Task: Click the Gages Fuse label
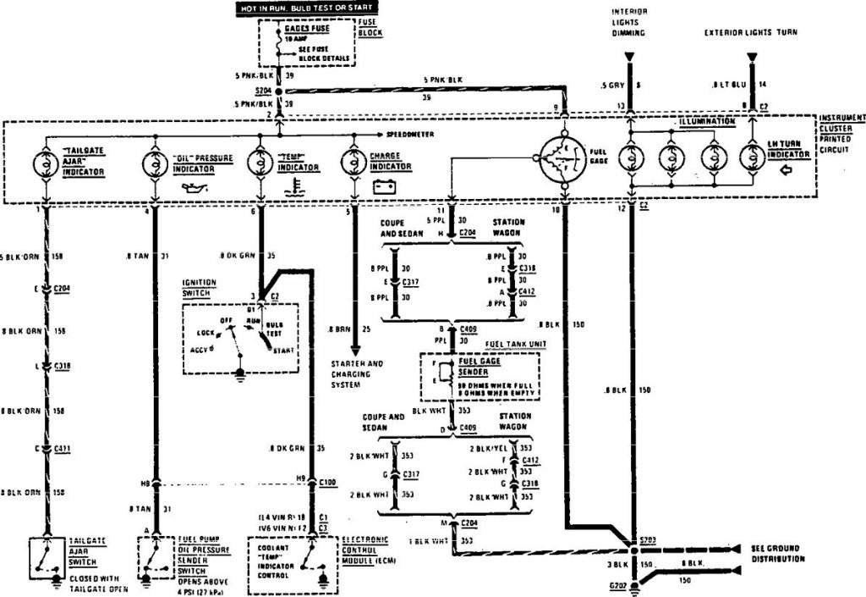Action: [x=306, y=29]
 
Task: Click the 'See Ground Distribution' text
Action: [x=785, y=553]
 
